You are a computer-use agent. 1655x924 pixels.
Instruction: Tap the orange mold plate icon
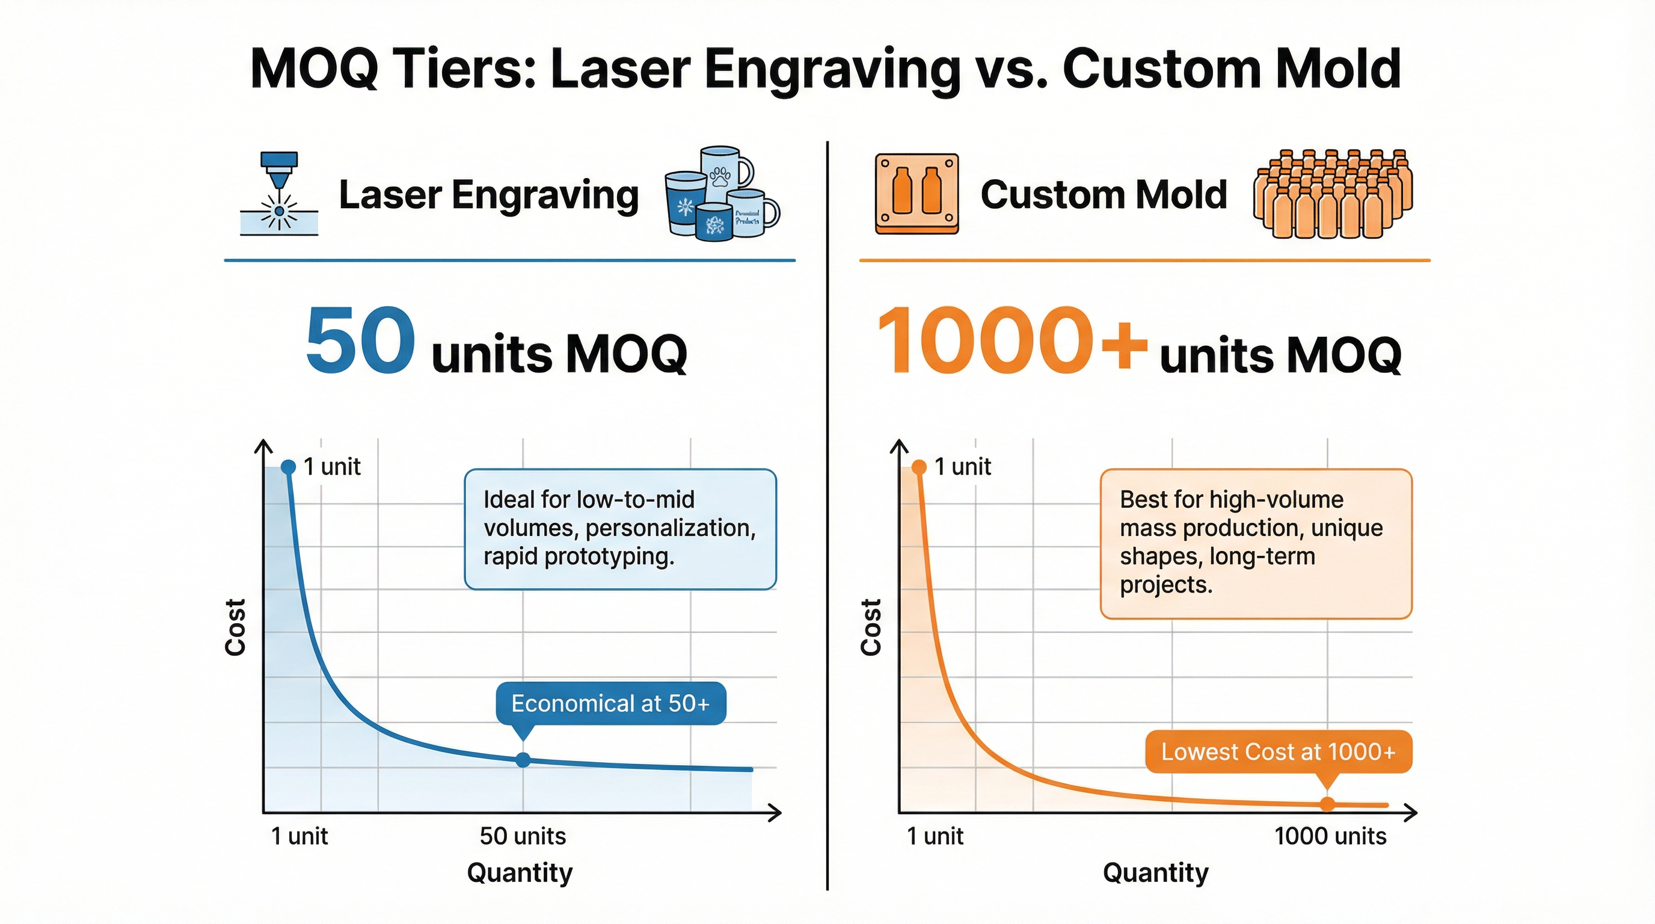pos(917,194)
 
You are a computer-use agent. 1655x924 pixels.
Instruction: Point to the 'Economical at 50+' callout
pos(610,704)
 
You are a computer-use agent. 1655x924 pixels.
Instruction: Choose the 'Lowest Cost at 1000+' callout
pos(1279,752)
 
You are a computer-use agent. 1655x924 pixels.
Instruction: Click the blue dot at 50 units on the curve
pos(524,760)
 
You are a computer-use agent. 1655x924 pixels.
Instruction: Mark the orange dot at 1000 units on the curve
pos(1327,804)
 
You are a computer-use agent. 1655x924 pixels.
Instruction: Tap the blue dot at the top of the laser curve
pos(289,466)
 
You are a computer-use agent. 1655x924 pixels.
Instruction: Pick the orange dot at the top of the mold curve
pos(920,466)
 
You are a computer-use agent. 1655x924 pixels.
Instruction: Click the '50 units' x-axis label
pos(523,836)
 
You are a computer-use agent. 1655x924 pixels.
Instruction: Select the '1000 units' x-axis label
pos(1330,836)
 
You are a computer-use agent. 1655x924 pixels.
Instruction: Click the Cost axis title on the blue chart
pos(236,627)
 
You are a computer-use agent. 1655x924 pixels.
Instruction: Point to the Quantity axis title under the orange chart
pos(1156,873)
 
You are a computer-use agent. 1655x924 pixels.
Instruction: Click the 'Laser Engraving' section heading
pos(489,195)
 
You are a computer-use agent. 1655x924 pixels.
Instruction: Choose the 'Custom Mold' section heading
pos(1104,194)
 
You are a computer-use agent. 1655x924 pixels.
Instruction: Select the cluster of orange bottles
pos(1333,194)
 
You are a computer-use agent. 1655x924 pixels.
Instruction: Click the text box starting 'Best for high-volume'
pos(1256,544)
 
